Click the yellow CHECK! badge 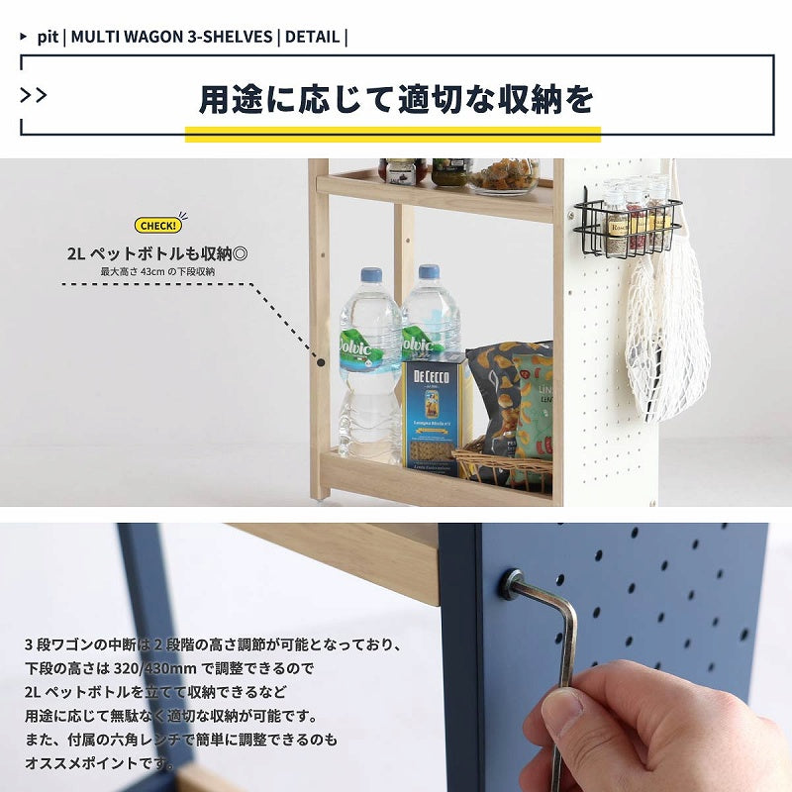(x=158, y=226)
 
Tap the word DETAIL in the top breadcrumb (x=312, y=38)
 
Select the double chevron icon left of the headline (x=34, y=95)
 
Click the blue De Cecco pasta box (x=435, y=414)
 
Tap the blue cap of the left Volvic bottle (x=371, y=275)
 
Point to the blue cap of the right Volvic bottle (x=429, y=272)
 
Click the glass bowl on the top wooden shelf (x=504, y=177)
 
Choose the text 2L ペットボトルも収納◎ (x=157, y=253)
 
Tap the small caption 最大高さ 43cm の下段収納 (x=157, y=271)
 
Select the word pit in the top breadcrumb (x=47, y=38)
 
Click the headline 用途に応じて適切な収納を (x=396, y=99)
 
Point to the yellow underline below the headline (x=392, y=134)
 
